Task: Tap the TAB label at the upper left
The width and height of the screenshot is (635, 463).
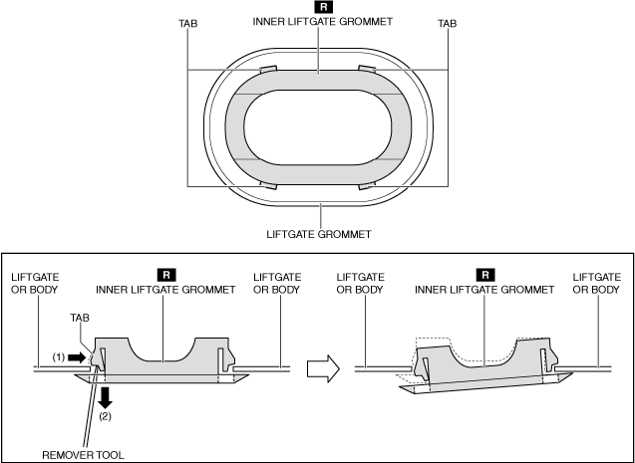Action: (187, 23)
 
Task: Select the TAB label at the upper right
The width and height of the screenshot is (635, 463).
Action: (449, 23)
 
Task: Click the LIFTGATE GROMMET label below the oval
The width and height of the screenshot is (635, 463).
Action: (319, 235)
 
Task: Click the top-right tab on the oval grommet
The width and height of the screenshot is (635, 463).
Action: (366, 70)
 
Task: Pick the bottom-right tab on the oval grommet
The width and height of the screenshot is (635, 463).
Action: (366, 185)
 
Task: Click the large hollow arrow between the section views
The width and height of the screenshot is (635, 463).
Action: (318, 368)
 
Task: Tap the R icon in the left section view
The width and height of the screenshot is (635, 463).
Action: (165, 273)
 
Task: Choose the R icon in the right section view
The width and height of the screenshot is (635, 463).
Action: (485, 273)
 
